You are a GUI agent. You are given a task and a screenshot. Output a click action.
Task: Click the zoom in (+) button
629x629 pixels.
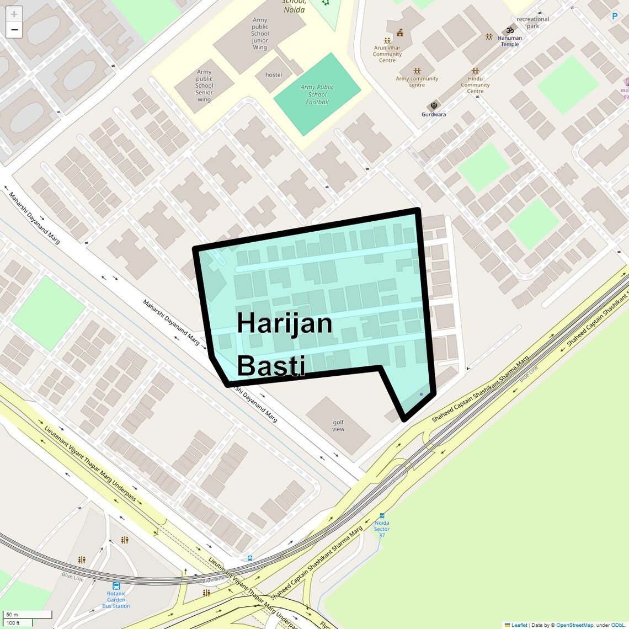pos(14,14)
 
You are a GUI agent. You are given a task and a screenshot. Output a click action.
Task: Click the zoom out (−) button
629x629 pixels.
pos(14,30)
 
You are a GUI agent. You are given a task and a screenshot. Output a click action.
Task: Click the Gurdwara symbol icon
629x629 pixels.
pos(434,105)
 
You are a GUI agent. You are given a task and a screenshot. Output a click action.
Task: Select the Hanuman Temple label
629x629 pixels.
pos(510,41)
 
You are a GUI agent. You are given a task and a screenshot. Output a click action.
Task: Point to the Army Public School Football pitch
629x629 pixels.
pos(317,94)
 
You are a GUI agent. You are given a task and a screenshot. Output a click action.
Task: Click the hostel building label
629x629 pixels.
pos(274,75)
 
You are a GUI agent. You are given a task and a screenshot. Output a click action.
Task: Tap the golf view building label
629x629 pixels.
pos(338,426)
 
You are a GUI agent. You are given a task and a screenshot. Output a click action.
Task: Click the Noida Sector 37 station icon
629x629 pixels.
pos(382,516)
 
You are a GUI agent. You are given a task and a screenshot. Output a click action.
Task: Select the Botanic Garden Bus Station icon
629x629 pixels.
pos(116,586)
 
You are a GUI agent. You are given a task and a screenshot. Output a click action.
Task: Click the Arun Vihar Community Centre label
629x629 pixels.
pos(387,54)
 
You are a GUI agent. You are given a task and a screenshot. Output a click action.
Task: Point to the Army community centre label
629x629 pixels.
pos(417,82)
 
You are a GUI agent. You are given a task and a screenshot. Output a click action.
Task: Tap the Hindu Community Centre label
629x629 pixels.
pos(475,85)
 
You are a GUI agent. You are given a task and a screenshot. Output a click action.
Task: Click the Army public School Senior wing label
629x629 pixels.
pos(204,86)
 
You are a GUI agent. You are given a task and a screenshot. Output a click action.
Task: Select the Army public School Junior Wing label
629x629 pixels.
pos(260,34)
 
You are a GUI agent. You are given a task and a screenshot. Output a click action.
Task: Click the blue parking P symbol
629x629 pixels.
pos(615,17)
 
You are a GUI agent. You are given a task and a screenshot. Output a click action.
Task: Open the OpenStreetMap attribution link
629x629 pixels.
pos(574,625)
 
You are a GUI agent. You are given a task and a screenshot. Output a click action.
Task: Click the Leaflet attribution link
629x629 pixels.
pos(519,625)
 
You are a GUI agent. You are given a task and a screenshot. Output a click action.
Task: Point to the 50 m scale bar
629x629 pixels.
pos(28,615)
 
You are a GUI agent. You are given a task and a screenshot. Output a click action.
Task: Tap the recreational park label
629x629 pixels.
pos(532,23)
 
